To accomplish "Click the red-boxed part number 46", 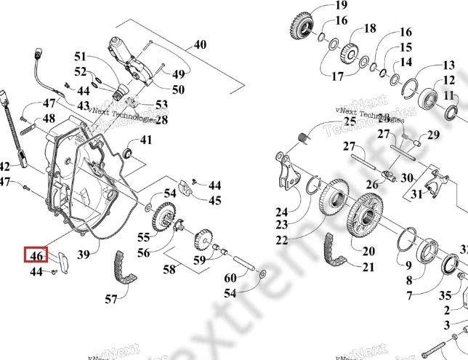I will pos(36,255).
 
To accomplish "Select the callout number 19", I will pos(341,7).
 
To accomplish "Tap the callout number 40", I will pos(199,44).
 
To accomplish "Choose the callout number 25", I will pos(350,121).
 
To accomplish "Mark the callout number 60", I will pos(230,279).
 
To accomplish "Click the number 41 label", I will pos(146,140).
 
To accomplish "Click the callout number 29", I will pos(434,135).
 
